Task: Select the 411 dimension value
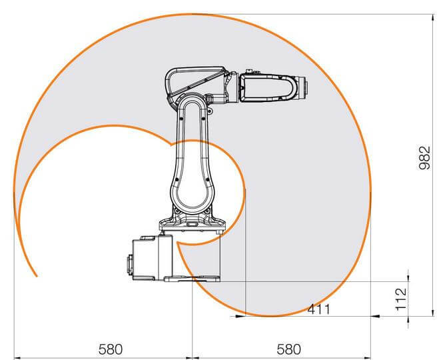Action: click(x=318, y=309)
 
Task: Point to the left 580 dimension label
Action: click(x=111, y=349)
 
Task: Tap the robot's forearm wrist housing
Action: click(x=270, y=87)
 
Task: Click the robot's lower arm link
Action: click(x=193, y=167)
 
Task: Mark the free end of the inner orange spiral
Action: click(x=37, y=275)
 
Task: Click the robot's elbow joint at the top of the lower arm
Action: click(x=193, y=107)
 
